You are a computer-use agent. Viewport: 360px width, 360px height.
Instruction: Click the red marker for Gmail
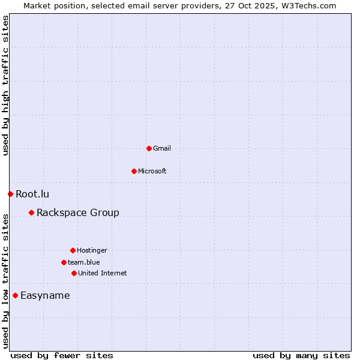pos(149,148)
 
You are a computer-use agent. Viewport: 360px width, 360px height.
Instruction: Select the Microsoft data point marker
pos(134,171)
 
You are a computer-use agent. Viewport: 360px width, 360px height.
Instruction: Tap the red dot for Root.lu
pos(10,194)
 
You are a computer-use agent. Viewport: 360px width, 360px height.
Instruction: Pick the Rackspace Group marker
pos(31,212)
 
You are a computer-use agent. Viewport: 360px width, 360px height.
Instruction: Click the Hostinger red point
pos(73,250)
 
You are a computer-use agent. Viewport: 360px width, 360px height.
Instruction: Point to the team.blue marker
pos(64,262)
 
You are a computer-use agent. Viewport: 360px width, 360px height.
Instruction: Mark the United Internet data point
pos(74,273)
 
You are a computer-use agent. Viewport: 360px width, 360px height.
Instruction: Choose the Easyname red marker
pos(15,295)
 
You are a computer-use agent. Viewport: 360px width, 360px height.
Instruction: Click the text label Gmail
pos(162,148)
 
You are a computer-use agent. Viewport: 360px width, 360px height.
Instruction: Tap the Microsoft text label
pos(152,171)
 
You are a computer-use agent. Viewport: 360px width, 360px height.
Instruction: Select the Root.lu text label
pos(32,194)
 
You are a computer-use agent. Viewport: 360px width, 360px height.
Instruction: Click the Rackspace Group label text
pos(78,212)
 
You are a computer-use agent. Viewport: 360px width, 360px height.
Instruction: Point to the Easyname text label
pos(45,295)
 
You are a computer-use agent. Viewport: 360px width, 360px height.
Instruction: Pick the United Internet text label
pos(103,273)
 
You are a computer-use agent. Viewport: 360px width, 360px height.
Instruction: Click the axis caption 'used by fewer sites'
pos(62,355)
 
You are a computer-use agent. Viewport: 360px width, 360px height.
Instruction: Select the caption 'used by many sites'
pos(301,355)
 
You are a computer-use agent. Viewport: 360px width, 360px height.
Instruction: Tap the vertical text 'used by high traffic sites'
pos(5,85)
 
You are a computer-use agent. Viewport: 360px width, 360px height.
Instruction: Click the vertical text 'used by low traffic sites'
pos(5,280)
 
